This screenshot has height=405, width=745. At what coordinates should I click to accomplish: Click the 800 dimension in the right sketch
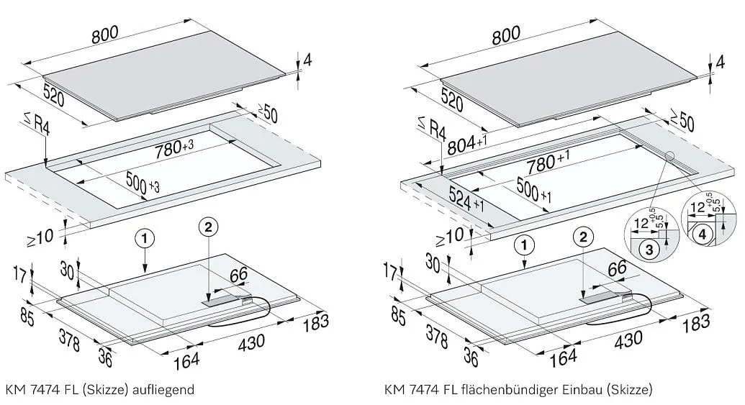pos(507,36)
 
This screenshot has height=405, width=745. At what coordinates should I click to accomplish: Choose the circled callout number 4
pos(703,233)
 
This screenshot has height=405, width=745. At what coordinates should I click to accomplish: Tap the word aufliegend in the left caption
pos(165,391)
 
